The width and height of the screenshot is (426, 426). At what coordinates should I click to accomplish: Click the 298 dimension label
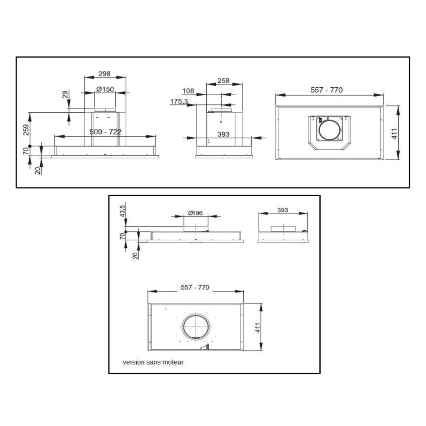tap(104, 73)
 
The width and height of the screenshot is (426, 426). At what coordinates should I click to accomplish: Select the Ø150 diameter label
tap(105, 89)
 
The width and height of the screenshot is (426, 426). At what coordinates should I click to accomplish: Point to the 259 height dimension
tap(26, 130)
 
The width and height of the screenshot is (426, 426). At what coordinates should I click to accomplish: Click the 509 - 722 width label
tap(105, 132)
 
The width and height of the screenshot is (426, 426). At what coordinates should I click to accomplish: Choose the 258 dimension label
tap(224, 81)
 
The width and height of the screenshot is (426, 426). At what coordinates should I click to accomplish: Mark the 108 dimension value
tap(188, 91)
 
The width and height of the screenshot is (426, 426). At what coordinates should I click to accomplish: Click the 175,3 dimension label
tap(179, 102)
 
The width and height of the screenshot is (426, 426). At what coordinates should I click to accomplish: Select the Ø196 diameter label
tap(195, 213)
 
